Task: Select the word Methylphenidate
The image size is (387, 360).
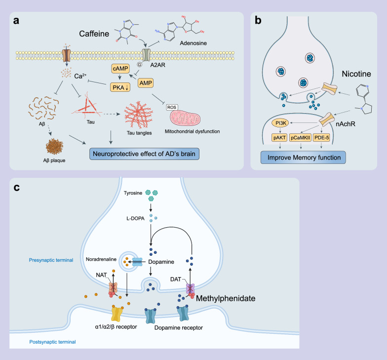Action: coord(226,299)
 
